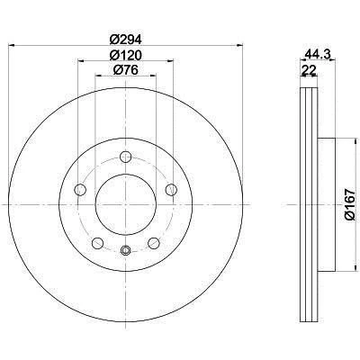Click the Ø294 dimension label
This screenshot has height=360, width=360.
click(x=125, y=39)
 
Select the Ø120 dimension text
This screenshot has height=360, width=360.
click(x=125, y=55)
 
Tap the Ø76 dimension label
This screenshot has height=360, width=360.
click(x=125, y=70)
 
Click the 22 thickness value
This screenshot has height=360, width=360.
click(x=309, y=70)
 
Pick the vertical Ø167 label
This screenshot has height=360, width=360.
click(x=350, y=204)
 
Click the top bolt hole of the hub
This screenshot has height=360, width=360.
click(x=126, y=157)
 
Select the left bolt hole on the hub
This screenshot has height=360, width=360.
click(x=80, y=190)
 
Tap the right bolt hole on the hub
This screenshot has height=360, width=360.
click(x=171, y=190)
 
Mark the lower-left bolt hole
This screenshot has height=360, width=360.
click(x=97, y=243)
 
